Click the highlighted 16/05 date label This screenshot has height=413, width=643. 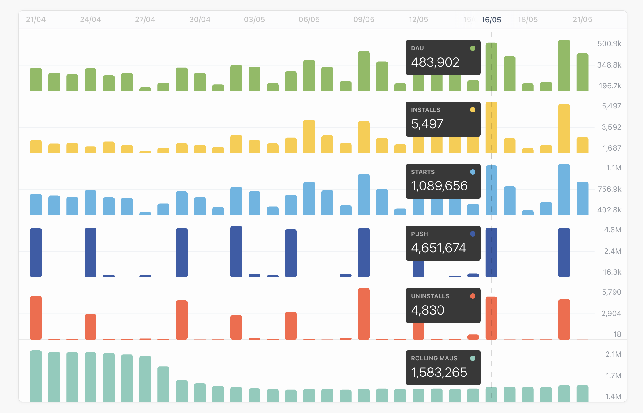tap(491, 20)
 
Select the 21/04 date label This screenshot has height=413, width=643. tap(36, 20)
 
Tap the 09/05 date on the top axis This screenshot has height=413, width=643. tap(363, 20)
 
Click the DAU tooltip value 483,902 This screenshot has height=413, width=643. tap(435, 62)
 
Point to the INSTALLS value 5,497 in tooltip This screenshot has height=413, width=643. tap(427, 124)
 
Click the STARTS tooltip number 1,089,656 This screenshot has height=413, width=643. tap(439, 186)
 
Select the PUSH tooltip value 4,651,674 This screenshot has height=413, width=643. tap(438, 248)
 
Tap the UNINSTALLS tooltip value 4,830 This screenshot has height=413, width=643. tap(428, 310)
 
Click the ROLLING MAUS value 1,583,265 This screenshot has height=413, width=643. tap(439, 373)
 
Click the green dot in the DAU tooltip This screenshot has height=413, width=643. tap(472, 48)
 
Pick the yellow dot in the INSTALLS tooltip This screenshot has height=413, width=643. tap(472, 110)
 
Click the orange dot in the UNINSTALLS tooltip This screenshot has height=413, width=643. tap(472, 296)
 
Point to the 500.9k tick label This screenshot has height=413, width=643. tap(609, 44)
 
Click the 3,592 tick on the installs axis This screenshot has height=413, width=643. tap(611, 127)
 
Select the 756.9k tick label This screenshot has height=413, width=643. tap(609, 189)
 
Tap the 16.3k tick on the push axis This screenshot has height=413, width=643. tap(612, 272)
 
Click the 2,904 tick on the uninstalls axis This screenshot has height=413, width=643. tap(611, 314)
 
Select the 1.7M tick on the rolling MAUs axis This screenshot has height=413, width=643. tap(613, 376)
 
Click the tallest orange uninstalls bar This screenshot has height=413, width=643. tap(363, 314)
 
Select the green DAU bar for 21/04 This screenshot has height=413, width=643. tap(36, 79)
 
